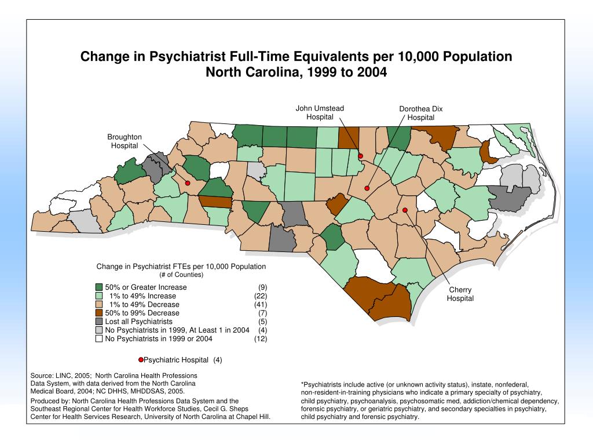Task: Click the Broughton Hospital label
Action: point(125,141)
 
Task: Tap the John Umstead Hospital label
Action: point(320,112)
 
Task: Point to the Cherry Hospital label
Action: point(460,294)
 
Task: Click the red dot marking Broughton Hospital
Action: point(188,183)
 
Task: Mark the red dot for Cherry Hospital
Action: point(405,210)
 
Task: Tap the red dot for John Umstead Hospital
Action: point(360,156)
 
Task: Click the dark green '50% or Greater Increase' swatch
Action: point(99,287)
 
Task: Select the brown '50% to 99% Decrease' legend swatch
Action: point(99,313)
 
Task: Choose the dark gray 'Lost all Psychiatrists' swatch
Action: point(99,322)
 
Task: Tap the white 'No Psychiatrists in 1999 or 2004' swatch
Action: point(99,339)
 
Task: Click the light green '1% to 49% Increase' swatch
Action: point(99,296)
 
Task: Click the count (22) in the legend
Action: point(261,296)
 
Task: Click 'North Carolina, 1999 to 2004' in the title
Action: point(296,73)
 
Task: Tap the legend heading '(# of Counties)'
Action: point(181,275)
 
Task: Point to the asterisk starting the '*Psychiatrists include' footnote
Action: point(303,385)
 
